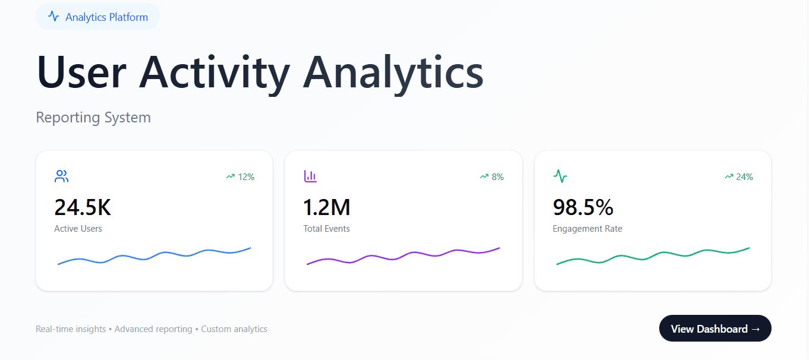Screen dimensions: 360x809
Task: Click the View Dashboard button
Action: pyautogui.click(x=714, y=329)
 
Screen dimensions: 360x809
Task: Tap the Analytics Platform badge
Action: pyautogui.click(x=98, y=17)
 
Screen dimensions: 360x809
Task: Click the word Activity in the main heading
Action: pyautogui.click(x=215, y=72)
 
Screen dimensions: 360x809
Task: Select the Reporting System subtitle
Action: pyautogui.click(x=93, y=118)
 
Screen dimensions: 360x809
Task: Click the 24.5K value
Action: pyautogui.click(x=83, y=207)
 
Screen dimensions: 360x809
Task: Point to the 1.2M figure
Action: pyautogui.click(x=327, y=207)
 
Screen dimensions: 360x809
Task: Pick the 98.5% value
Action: pyautogui.click(x=583, y=207)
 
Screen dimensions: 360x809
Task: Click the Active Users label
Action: pyautogui.click(x=78, y=229)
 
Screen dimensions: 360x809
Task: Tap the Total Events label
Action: pyautogui.click(x=326, y=229)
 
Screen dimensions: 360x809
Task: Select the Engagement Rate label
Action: pyautogui.click(x=587, y=229)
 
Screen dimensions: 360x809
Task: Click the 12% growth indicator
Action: pyautogui.click(x=240, y=176)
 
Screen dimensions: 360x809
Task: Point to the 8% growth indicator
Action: pyautogui.click(x=492, y=176)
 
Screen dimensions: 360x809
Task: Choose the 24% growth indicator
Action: pyautogui.click(x=739, y=176)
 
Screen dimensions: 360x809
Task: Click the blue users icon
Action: pyautogui.click(x=61, y=176)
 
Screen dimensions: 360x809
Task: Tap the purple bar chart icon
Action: pyautogui.click(x=310, y=176)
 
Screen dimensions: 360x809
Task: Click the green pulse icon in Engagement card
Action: pyautogui.click(x=560, y=176)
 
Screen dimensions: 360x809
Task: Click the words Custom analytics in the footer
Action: pyautogui.click(x=234, y=329)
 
